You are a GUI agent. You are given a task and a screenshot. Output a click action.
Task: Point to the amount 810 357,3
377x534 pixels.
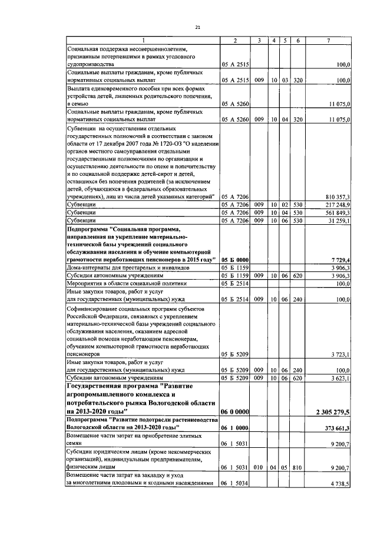(338, 196)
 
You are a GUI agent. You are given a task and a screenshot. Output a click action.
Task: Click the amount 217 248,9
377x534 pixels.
(338, 204)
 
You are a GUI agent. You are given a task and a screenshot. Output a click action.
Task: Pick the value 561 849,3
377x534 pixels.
(338, 212)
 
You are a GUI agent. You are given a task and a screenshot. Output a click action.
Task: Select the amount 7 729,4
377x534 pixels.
(341, 260)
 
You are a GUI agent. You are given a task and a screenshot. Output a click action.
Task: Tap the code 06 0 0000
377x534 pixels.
(234, 411)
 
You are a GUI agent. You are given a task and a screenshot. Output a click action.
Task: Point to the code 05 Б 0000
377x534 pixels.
(234, 260)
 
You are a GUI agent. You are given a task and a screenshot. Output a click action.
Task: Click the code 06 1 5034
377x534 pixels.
(234, 483)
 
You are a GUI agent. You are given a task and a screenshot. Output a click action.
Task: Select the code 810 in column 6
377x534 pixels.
(297, 467)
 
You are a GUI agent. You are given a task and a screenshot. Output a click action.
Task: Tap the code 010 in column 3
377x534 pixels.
(258, 467)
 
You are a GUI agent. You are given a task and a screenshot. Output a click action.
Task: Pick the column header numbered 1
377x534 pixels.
(141, 40)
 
